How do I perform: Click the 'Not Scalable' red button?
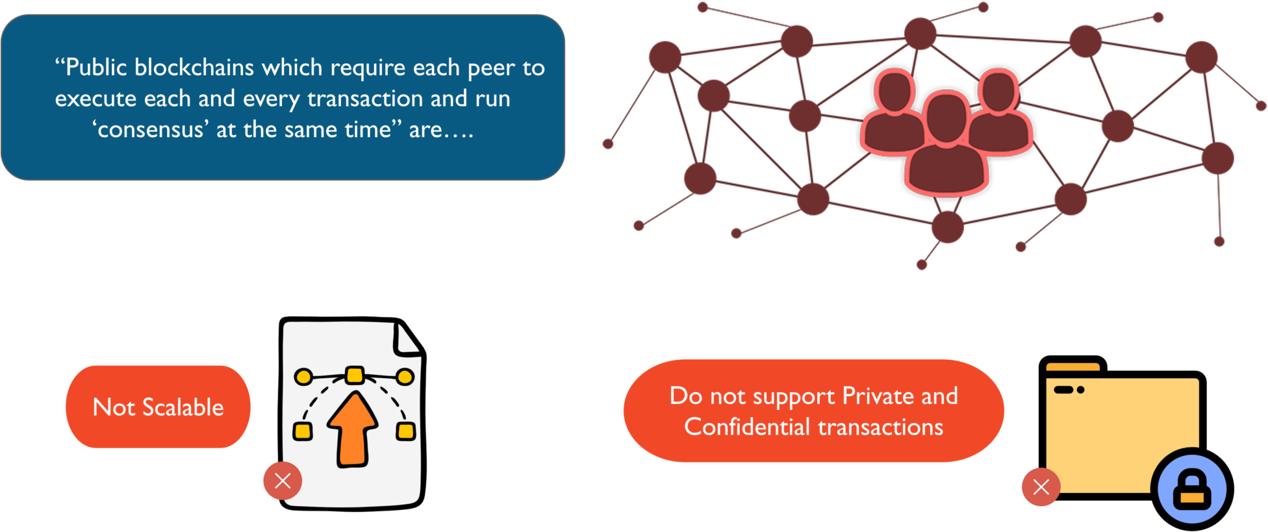[x=158, y=407]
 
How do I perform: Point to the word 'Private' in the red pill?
[x=878, y=396]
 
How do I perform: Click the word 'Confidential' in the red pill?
[x=747, y=427]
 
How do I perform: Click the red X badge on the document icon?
[x=283, y=481]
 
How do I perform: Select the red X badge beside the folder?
[x=1041, y=487]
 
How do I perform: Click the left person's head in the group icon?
[x=894, y=91]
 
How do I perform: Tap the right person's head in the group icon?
[x=998, y=90]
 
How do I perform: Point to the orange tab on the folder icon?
[x=1072, y=367]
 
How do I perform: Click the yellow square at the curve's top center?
[x=354, y=375]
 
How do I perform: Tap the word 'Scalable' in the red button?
[x=183, y=407]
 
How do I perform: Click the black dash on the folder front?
[x=1063, y=390]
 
